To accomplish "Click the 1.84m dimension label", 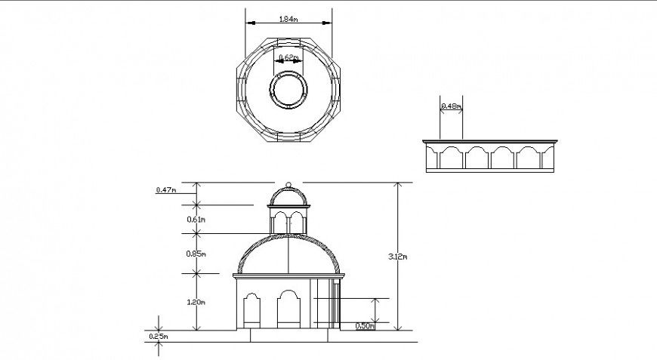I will click(x=288, y=19).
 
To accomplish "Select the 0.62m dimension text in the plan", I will click(x=288, y=57).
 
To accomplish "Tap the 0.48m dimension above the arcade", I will click(x=451, y=106).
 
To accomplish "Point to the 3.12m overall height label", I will click(x=400, y=257).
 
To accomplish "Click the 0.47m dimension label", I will click(x=165, y=190).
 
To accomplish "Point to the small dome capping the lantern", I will click(x=288, y=196).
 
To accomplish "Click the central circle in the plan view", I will click(x=288, y=91).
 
